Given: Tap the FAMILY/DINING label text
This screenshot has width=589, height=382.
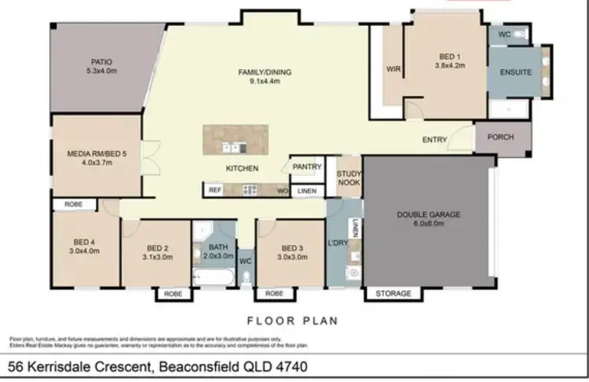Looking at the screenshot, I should tap(265, 72).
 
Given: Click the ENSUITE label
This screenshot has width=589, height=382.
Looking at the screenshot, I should tap(516, 72).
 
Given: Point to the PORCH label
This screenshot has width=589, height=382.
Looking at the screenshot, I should tap(500, 137).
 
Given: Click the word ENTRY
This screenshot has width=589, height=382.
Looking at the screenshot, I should tap(434, 140).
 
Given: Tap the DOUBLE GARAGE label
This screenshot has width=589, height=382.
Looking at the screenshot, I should tap(428, 214).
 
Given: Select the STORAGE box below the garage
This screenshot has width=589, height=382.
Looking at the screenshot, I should tap(393, 293).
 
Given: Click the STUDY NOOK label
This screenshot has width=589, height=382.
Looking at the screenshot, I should tap(348, 178).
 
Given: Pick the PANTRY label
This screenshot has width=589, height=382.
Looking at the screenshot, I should tap(307, 167).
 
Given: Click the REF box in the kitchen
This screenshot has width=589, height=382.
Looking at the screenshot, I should tap(214, 189).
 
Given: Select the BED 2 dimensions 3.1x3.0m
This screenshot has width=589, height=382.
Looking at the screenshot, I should tap(157, 256).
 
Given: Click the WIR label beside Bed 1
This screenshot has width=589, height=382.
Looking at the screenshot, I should tap(393, 68).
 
